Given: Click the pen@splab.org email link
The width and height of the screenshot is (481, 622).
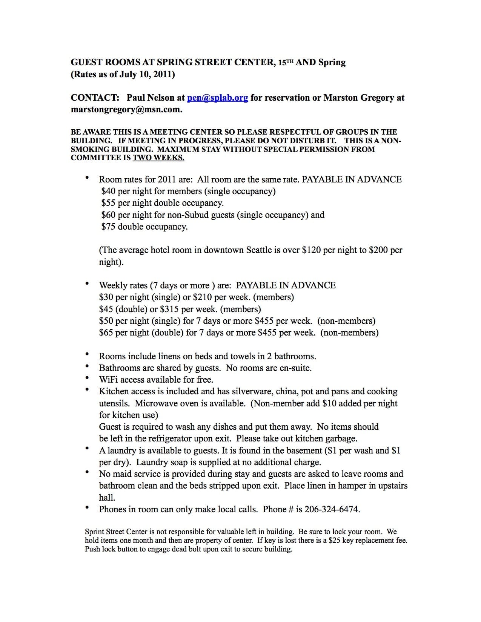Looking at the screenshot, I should [x=217, y=98].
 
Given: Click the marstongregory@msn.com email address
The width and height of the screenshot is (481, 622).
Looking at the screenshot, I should [x=126, y=110].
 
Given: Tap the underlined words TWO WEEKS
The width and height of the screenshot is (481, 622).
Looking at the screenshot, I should [x=158, y=158].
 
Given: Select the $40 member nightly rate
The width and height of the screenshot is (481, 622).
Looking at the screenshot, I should [x=108, y=192].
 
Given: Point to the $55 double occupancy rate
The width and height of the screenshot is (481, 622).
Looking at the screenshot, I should [x=108, y=203].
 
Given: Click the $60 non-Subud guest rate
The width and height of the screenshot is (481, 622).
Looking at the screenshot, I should [x=108, y=215].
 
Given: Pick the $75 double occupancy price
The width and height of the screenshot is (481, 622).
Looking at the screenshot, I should [x=108, y=227].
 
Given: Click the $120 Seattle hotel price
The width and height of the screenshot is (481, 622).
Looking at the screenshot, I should [x=311, y=250].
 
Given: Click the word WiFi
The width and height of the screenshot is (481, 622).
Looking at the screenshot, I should [x=109, y=380].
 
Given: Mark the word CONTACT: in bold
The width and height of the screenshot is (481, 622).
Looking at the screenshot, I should [x=95, y=98].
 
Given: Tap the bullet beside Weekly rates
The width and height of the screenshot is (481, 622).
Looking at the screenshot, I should [x=88, y=283].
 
